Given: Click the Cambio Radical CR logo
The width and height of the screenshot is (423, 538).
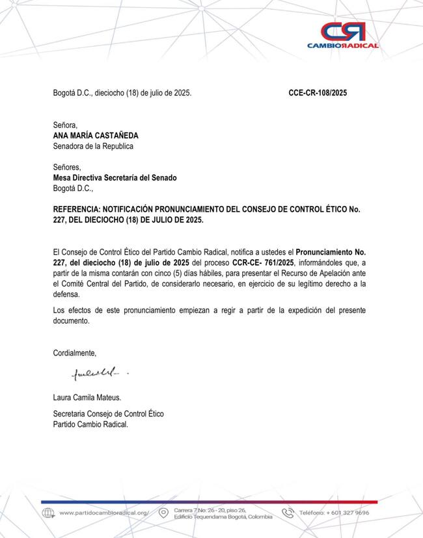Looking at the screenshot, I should pos(342,31).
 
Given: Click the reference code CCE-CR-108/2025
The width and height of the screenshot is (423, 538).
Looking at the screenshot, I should pos(318,93).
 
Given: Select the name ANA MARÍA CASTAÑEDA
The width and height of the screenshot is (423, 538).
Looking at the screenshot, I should pos(96,136).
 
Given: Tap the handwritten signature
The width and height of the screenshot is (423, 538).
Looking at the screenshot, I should pos(91,374).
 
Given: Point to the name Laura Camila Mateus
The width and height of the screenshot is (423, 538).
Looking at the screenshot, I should pos(87,397).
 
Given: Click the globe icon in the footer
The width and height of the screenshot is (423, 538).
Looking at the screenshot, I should pos(48,513).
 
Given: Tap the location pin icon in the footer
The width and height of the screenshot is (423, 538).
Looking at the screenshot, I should pos(163,513).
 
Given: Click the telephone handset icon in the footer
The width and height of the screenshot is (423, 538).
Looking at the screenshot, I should pos(288,513).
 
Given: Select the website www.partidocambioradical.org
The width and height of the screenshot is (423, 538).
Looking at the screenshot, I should pos(104,513).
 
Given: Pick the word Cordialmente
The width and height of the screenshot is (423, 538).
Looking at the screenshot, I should pos(75,353).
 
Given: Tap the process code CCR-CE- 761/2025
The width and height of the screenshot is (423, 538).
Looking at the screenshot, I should pos(264,262).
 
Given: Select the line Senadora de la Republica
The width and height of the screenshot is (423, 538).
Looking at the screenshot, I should pos(93,146).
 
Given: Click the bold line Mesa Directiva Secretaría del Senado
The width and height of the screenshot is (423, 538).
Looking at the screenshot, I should pos(115,177).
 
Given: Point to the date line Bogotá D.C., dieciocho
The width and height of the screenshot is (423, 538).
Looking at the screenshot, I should pos(122,93).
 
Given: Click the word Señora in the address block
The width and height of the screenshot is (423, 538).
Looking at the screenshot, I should pos(65,125).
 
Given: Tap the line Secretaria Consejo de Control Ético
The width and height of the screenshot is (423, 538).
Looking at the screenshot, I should pos(108,414).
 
